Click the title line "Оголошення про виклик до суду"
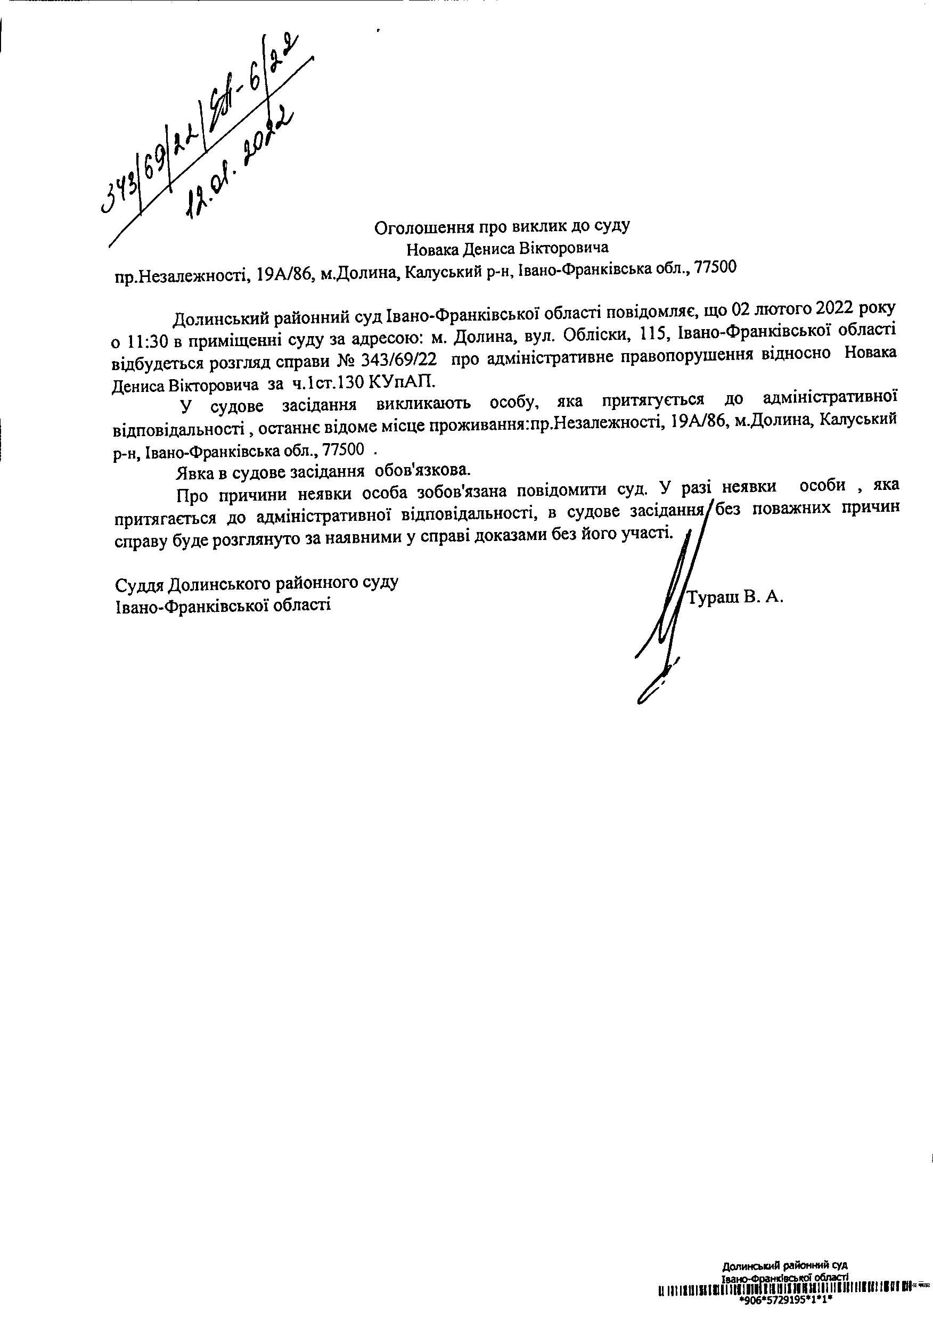coord(502,227)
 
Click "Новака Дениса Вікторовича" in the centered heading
coord(508,249)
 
